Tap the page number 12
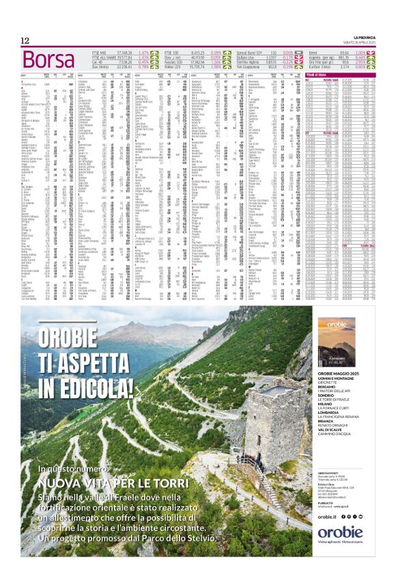(x=25, y=40)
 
